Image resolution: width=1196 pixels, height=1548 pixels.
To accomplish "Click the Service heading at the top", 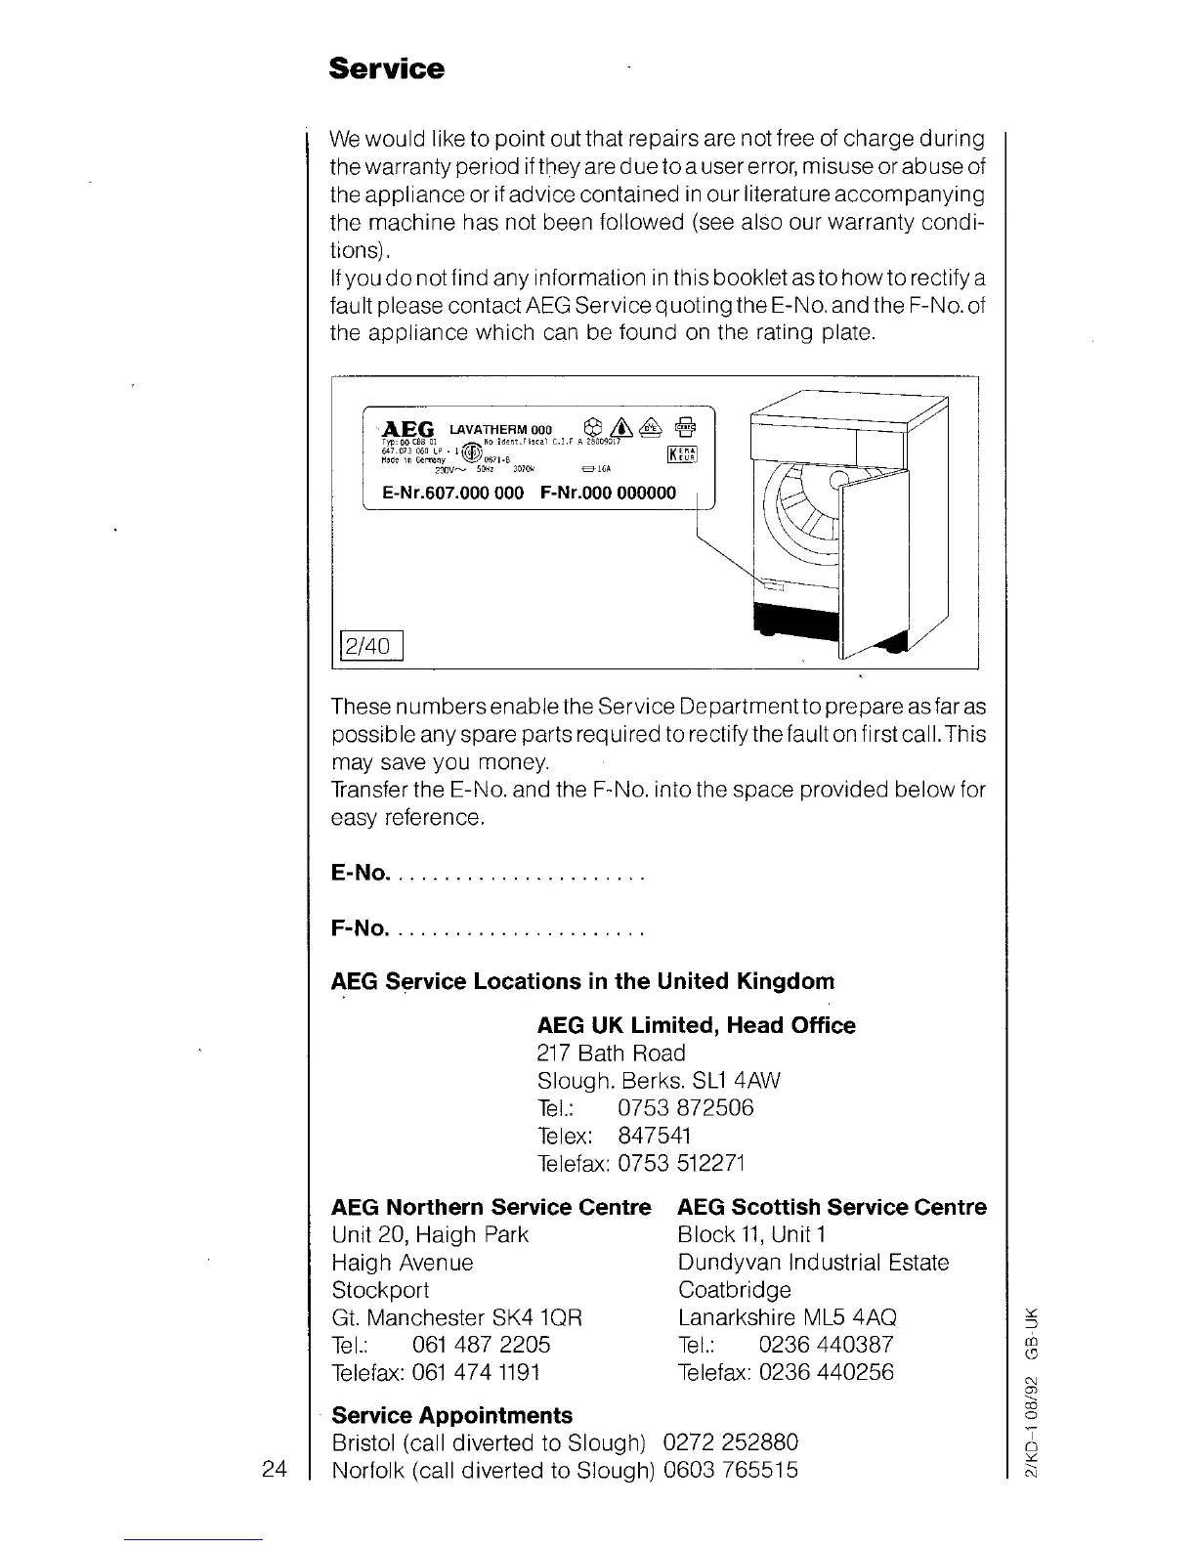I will point(386,69).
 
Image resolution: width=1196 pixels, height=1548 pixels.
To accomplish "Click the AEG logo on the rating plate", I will point(408,429).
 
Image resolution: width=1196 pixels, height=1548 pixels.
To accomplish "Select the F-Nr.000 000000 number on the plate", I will point(607,493).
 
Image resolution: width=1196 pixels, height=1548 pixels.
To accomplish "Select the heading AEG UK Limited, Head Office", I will point(696,1025).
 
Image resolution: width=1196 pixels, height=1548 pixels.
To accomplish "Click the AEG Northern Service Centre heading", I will point(491,1207).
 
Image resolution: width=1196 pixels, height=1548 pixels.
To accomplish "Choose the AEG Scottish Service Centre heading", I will point(832,1207).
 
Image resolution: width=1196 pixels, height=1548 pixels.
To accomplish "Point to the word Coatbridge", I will point(734,1289).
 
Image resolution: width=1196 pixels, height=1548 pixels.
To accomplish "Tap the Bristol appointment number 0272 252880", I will point(730,1442).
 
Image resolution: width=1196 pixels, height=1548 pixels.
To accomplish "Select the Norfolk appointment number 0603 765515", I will point(730,1470).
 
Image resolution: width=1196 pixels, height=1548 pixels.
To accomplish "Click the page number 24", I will point(275,1469).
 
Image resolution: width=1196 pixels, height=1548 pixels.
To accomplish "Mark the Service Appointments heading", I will point(452,1415).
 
